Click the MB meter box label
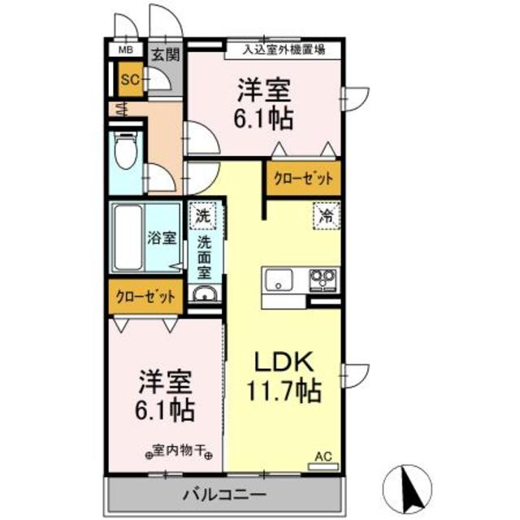click(126, 50)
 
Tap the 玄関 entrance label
click(166, 55)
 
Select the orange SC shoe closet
click(131, 80)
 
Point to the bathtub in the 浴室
click(128, 237)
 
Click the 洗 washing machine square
click(202, 216)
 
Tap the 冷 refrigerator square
click(327, 216)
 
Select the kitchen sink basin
click(279, 280)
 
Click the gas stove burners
click(323, 280)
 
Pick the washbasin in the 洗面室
click(204, 294)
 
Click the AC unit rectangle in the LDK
click(323, 466)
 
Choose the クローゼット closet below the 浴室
click(145, 297)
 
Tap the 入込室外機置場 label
click(284, 50)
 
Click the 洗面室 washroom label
click(204, 258)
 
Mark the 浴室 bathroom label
click(162, 238)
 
